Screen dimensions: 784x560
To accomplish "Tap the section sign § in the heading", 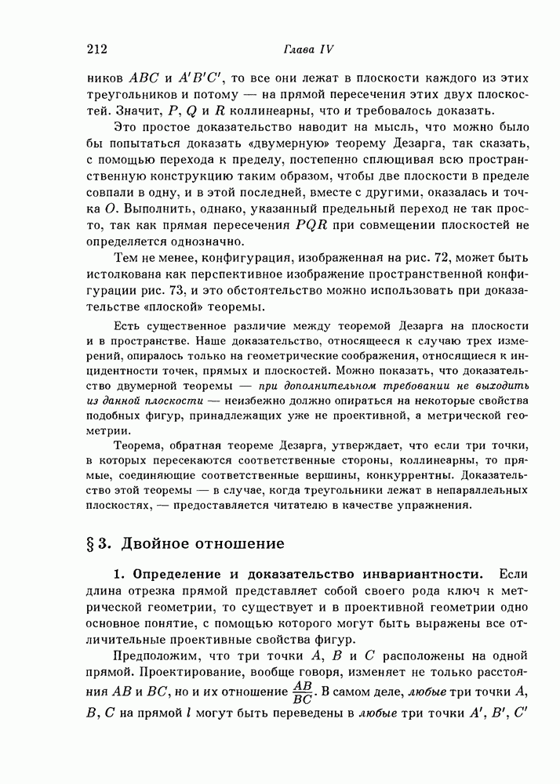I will pyautogui.click(x=93, y=543).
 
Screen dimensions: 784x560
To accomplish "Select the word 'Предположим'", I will pyautogui.click(x=155, y=657).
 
